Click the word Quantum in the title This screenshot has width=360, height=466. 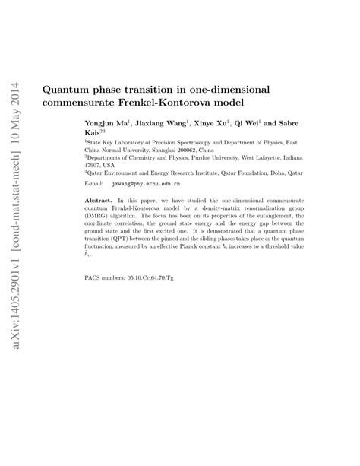67,89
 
